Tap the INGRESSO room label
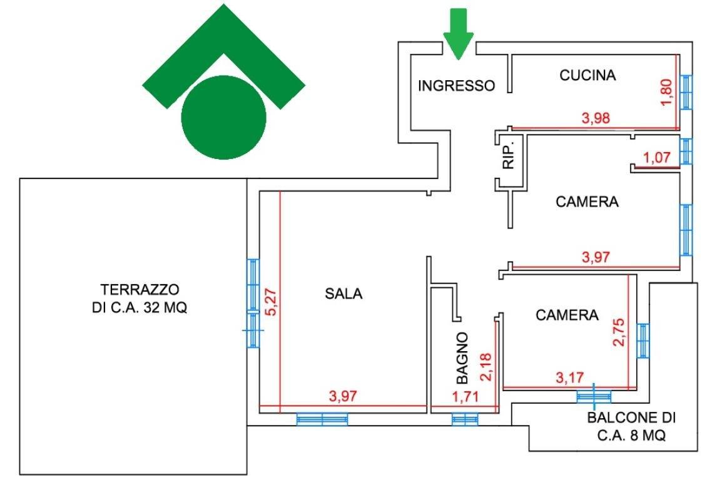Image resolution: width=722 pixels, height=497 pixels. [x=456, y=86]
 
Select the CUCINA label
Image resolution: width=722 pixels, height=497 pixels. [x=587, y=76]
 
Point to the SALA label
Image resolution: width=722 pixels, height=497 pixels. [x=343, y=293]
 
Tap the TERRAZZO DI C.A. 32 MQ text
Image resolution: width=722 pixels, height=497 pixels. [x=140, y=299]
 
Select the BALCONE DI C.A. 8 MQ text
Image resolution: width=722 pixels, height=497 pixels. [x=632, y=427]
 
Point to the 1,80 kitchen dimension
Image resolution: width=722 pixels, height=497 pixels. [x=668, y=91]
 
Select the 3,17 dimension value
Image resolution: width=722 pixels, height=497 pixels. [x=569, y=378]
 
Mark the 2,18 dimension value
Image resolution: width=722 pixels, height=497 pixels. [x=486, y=366]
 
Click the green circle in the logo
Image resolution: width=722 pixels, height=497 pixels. [x=223, y=117]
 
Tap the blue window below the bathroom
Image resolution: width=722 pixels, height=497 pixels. [x=465, y=419]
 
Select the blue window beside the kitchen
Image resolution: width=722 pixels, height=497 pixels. [x=687, y=91]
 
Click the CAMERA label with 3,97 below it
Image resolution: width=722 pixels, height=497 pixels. [x=587, y=202]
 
